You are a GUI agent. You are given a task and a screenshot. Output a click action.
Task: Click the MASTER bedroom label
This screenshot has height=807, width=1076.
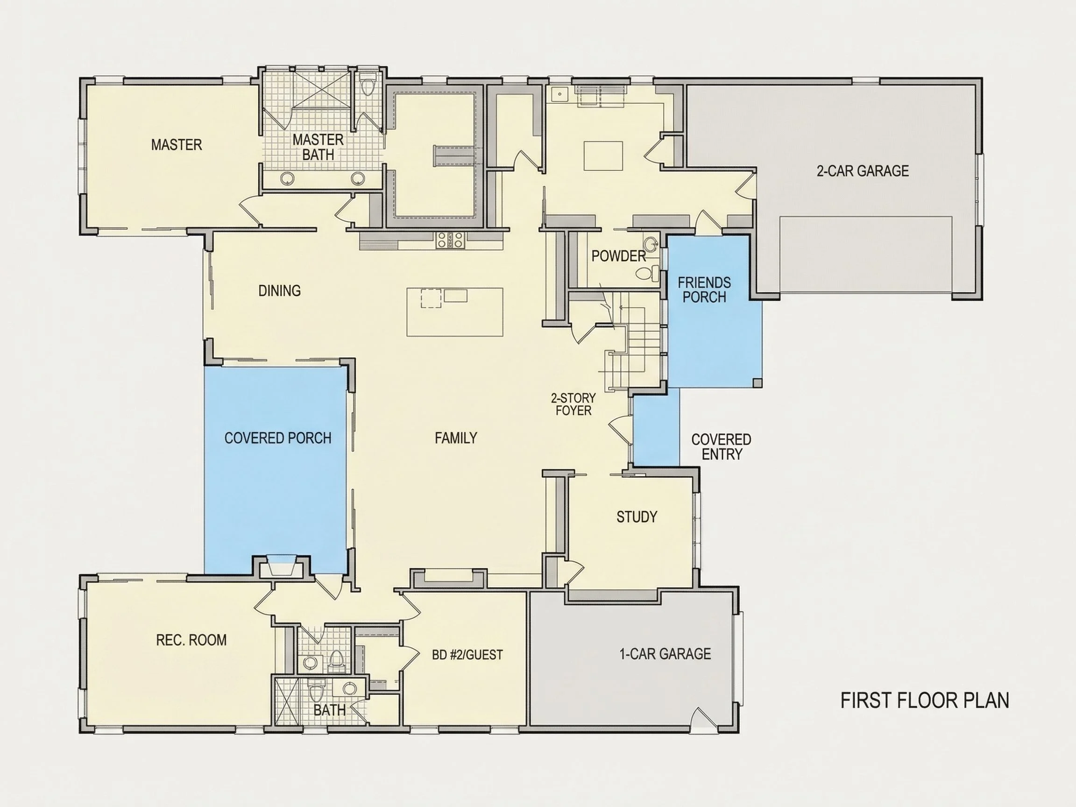(x=176, y=144)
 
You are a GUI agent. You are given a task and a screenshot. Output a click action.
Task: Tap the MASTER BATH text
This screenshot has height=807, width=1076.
(x=318, y=147)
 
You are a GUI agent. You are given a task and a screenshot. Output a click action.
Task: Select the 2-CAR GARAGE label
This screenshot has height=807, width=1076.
(x=863, y=171)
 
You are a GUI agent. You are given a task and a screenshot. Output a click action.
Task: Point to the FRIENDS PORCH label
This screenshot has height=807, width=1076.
(x=704, y=290)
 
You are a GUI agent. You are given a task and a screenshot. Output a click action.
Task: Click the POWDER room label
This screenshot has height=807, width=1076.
(x=618, y=256)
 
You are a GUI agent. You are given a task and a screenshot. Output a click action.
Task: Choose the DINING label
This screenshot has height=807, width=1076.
(x=279, y=291)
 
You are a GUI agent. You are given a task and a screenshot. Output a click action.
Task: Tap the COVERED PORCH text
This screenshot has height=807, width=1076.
(x=278, y=438)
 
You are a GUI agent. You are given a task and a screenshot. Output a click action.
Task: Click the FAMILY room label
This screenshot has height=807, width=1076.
(x=456, y=438)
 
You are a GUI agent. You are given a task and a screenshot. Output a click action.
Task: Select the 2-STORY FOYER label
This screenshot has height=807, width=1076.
(x=573, y=404)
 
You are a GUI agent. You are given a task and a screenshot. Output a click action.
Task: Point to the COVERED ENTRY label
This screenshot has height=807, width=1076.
(x=721, y=446)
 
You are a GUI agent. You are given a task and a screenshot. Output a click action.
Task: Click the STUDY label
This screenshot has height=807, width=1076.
(x=637, y=517)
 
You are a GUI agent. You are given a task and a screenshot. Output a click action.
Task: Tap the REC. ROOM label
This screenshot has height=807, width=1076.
(x=191, y=640)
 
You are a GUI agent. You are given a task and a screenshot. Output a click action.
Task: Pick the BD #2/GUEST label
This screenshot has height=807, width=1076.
(x=467, y=655)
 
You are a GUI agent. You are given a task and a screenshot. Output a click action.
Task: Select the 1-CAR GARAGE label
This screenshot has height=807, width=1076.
(x=665, y=654)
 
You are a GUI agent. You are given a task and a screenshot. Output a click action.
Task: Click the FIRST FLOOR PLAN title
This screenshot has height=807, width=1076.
(x=925, y=701)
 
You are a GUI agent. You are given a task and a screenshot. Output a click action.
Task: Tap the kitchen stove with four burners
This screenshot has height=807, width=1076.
(x=451, y=241)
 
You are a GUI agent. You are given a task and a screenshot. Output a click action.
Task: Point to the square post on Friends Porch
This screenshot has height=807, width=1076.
(x=757, y=382)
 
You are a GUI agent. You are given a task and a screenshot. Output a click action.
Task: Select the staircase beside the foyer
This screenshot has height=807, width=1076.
(x=632, y=340)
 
